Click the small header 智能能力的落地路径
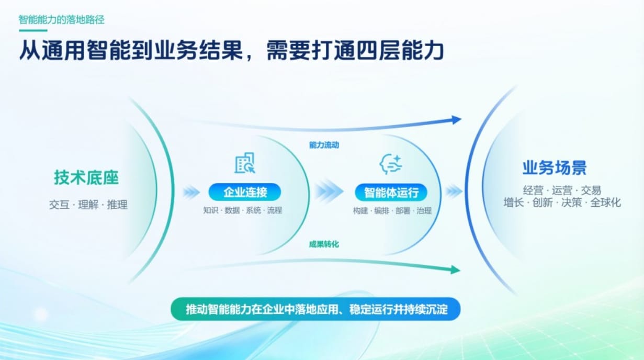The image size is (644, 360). click(x=62, y=20)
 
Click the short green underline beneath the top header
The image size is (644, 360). click(x=33, y=30)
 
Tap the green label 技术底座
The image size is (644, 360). click(x=86, y=177)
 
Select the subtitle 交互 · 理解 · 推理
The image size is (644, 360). click(x=88, y=205)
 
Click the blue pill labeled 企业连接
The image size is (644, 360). click(x=245, y=192)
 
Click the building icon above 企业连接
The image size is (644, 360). click(x=245, y=163)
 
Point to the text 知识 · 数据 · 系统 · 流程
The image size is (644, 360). click(x=243, y=210)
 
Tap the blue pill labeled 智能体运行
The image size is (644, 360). click(x=391, y=192)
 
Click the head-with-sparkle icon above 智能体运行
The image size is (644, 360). click(x=390, y=164)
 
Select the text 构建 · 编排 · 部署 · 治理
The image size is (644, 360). click(x=392, y=211)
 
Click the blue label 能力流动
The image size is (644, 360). click(x=324, y=145)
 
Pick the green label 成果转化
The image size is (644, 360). click(x=324, y=244)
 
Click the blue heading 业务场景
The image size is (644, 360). click(x=555, y=167)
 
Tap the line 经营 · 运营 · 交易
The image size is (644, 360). click(x=562, y=190)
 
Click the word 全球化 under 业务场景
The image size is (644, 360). click(x=606, y=203)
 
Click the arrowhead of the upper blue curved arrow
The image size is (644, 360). click(x=456, y=120)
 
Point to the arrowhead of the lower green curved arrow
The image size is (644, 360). click(x=455, y=269)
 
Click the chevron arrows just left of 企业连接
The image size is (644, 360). click(x=191, y=192)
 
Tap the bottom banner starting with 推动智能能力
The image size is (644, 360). click(x=315, y=309)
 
